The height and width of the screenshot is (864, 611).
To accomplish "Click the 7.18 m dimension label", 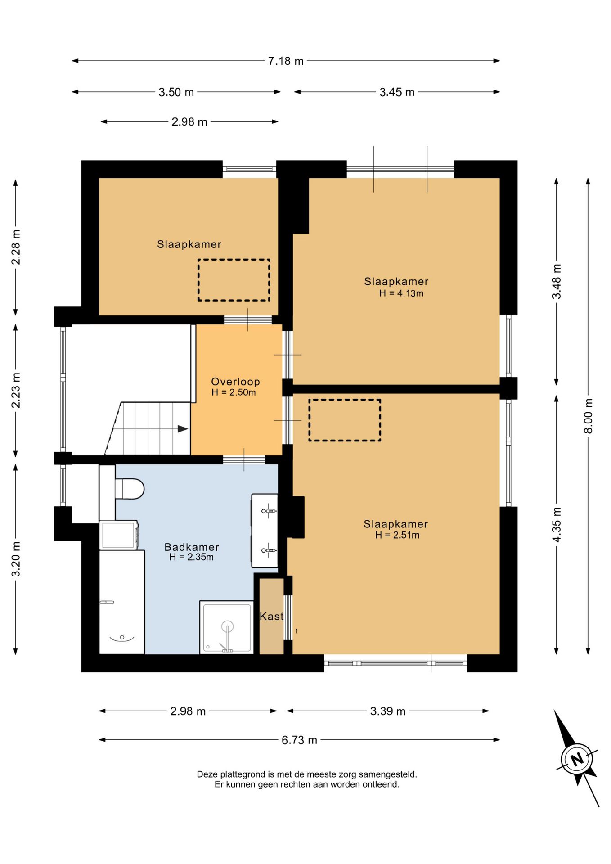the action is pyautogui.click(x=286, y=61).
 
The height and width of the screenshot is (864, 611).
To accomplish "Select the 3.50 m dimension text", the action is pyautogui.click(x=176, y=92).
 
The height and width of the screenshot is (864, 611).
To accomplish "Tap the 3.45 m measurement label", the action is pyautogui.click(x=397, y=92).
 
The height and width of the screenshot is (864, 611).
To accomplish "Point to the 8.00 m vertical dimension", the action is pyautogui.click(x=588, y=416).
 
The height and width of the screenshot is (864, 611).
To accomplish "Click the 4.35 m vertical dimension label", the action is pyautogui.click(x=557, y=525).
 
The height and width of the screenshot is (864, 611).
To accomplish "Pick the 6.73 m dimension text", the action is pyautogui.click(x=299, y=740).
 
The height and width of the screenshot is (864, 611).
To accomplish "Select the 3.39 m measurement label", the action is pyautogui.click(x=388, y=711).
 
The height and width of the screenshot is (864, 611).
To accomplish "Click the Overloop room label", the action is pyautogui.click(x=235, y=382).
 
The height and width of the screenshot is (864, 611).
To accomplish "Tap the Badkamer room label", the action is pyautogui.click(x=192, y=547).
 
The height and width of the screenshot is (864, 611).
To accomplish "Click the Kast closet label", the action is pyautogui.click(x=272, y=616).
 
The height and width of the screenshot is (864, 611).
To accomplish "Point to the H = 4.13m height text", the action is pyautogui.click(x=401, y=293).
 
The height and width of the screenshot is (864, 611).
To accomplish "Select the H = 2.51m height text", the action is pyautogui.click(x=397, y=535).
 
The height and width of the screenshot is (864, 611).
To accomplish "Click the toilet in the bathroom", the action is pyautogui.click(x=129, y=488).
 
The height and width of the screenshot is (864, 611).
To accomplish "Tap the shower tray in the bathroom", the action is pyautogui.click(x=226, y=627).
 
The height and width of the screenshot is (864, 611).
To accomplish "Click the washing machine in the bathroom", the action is pyautogui.click(x=119, y=535).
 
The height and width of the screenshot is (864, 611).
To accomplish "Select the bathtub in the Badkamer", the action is pyautogui.click(x=122, y=602).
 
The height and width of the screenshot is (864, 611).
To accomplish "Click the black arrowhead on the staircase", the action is pyautogui.click(x=183, y=429).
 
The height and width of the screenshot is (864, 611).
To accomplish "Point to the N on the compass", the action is pyautogui.click(x=577, y=760).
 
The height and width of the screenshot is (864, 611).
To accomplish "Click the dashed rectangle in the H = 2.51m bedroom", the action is pyautogui.click(x=345, y=420).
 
